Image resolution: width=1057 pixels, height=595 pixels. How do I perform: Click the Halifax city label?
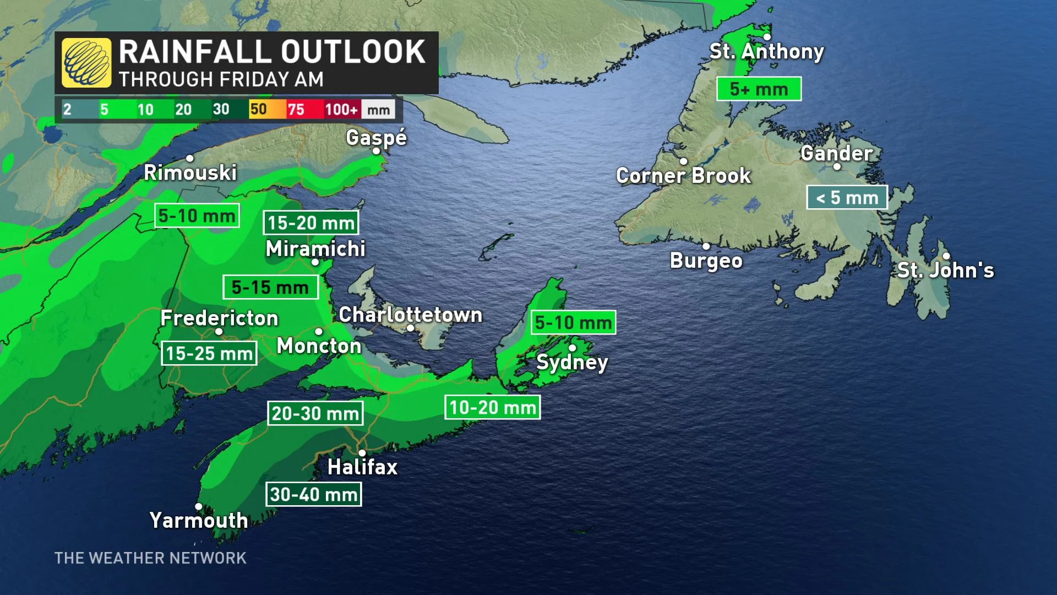point(362,467)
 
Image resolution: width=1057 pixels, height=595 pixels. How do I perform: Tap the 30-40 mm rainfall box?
point(314,494)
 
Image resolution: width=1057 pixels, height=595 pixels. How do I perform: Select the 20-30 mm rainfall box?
point(315,413)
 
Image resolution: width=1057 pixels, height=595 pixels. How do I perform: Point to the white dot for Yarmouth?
point(199,507)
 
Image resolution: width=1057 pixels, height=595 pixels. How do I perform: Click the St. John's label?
point(945,270)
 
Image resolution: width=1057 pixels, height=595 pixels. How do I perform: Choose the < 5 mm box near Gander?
point(847,197)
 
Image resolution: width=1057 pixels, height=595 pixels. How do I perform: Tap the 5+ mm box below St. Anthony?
point(759,89)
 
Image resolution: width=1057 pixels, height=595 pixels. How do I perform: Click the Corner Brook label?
point(683,176)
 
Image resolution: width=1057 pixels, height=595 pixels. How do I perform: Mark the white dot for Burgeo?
point(706,246)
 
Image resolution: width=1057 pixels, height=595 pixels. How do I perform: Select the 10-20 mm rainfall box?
point(492,408)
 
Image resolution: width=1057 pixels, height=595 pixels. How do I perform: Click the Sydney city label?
point(572,362)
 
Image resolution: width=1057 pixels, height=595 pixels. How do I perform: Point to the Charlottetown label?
point(410,315)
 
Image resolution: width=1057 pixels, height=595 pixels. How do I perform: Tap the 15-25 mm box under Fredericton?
point(209,353)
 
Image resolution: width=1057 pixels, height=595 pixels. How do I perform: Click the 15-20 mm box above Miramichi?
point(311,223)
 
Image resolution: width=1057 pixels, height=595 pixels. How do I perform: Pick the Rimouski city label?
point(190,172)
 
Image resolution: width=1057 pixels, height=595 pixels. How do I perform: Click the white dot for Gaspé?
point(377,151)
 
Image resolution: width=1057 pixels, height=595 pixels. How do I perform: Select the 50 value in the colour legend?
point(258,109)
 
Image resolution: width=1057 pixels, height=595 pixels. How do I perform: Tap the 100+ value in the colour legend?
point(341,109)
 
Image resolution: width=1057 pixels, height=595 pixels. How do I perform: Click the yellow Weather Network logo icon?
point(86,63)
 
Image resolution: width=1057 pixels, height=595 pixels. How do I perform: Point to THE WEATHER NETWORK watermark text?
point(150,558)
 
